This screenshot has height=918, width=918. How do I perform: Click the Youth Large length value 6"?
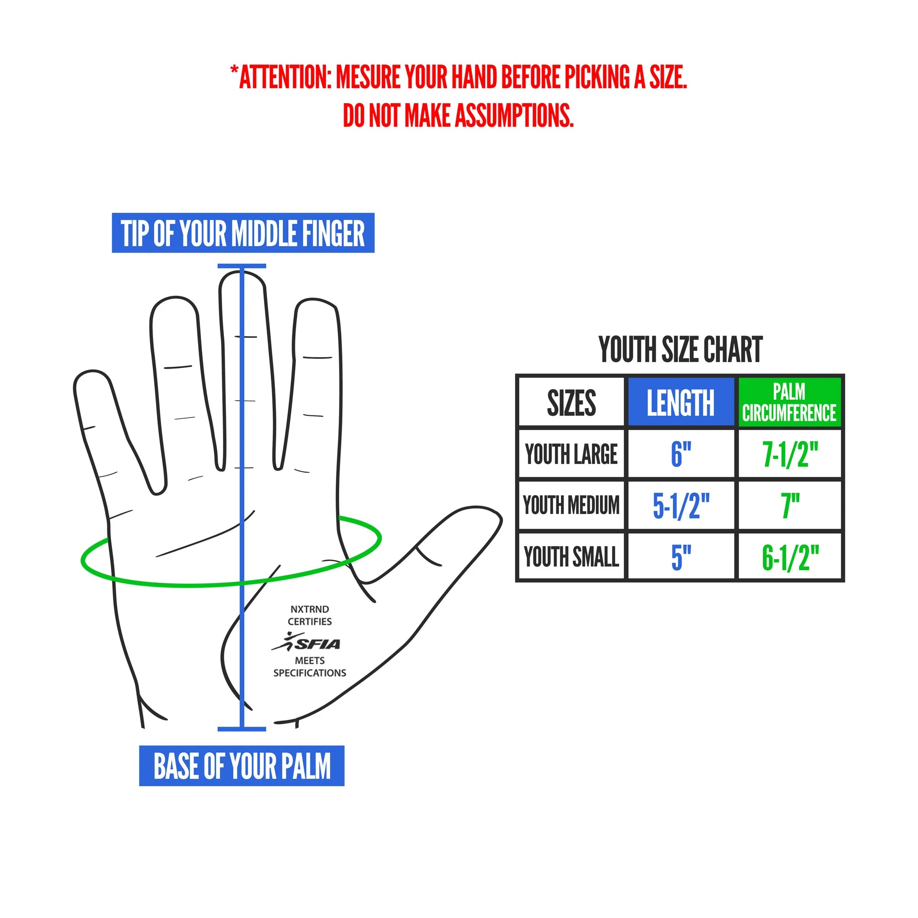coord(681,454)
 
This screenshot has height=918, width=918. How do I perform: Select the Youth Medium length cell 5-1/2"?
coord(681,505)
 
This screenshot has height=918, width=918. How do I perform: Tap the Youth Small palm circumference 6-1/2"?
coord(790,557)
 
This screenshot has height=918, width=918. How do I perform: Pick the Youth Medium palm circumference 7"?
coord(790,505)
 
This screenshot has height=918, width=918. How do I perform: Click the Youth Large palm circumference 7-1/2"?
coord(790,454)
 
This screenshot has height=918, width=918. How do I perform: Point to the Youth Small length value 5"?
coord(681,557)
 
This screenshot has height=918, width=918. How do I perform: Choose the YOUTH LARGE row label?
coord(571,454)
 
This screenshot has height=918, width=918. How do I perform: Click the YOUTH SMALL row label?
coord(571,557)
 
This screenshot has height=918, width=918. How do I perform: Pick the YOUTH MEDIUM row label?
coord(571,505)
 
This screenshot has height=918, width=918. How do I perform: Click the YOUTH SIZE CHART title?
coord(680,350)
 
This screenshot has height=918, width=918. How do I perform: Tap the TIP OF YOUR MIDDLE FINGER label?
coord(243,233)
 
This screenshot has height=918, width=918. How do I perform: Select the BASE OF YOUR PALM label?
coord(242,766)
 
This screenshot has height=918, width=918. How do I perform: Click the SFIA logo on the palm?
coord(307,643)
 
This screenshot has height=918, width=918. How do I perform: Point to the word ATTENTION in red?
coord(285,77)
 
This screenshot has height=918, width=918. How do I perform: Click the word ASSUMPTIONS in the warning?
coord(515,116)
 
